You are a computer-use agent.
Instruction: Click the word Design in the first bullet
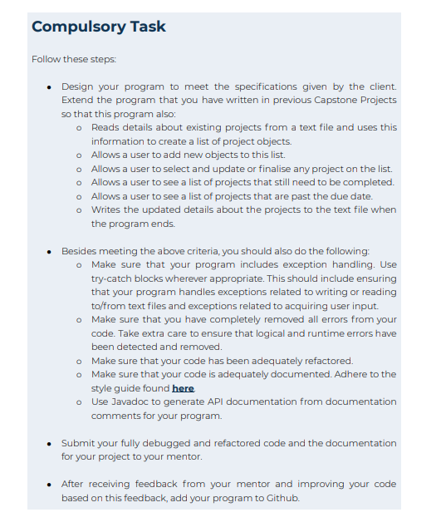click(x=79, y=86)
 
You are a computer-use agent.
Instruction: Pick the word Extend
click(x=79, y=100)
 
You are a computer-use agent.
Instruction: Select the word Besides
click(x=81, y=250)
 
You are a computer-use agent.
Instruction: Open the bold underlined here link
click(x=183, y=388)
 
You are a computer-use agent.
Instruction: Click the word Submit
click(x=80, y=443)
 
